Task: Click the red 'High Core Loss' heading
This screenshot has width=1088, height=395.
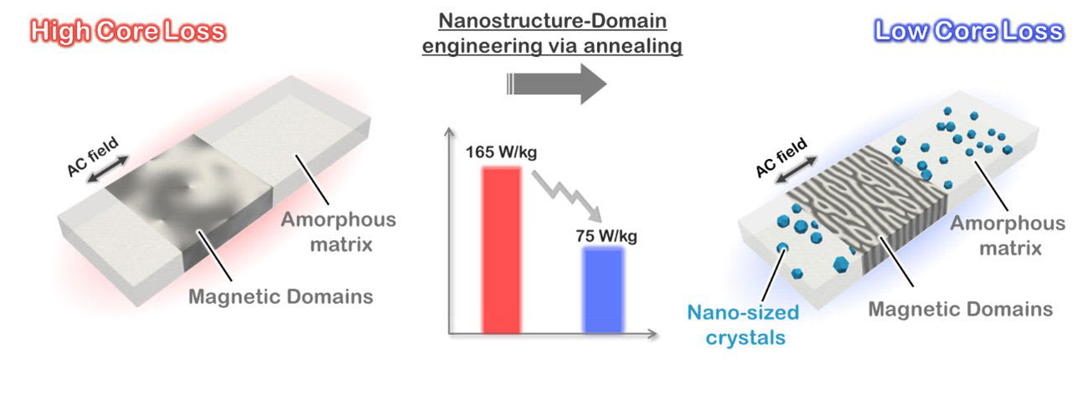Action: [128, 32]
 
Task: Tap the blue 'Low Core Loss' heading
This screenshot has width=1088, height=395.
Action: [968, 32]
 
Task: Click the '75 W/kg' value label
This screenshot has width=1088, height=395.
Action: [601, 235]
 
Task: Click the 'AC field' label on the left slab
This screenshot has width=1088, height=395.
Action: [93, 154]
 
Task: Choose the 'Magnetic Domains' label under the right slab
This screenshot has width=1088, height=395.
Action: [960, 309]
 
